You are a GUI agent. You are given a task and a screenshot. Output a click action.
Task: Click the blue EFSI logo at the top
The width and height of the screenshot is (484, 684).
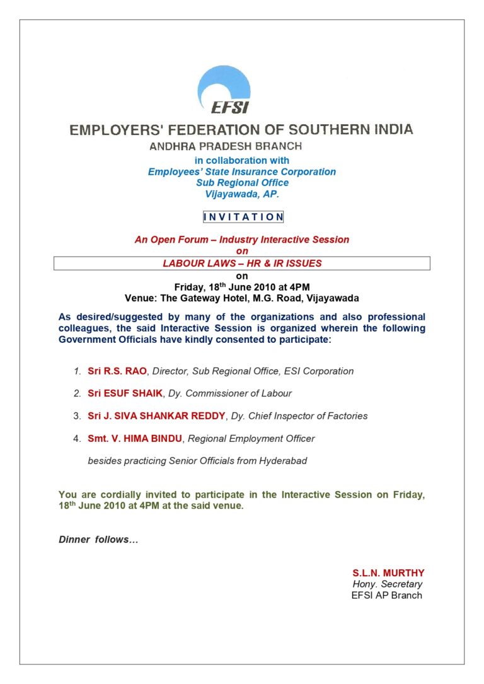[224, 91]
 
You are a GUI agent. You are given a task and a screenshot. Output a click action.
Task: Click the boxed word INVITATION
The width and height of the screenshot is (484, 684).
[243, 217]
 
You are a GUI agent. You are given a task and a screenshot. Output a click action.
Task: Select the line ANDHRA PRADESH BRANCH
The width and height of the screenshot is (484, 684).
[225, 146]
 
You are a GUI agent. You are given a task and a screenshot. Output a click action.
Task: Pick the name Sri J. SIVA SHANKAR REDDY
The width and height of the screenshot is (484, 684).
[155, 416]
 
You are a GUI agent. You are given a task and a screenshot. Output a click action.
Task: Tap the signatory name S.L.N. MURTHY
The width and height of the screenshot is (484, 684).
[388, 573]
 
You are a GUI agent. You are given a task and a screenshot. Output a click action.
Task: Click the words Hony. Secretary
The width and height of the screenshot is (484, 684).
[387, 584]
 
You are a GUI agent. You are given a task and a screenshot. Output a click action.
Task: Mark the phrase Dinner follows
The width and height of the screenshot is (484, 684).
[98, 540]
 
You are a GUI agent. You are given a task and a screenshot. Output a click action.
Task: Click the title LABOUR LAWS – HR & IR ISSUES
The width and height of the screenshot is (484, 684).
[242, 264]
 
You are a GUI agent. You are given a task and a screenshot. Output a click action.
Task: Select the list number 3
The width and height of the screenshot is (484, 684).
[76, 416]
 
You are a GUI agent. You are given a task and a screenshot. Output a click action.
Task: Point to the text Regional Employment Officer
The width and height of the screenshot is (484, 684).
[251, 438]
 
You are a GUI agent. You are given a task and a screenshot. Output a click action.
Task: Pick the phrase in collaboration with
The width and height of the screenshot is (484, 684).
[242, 161]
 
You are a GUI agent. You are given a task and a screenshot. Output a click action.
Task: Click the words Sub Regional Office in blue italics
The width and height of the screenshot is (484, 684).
[242, 183]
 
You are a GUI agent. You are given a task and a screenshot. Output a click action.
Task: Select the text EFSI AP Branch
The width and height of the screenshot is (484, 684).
[386, 595]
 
